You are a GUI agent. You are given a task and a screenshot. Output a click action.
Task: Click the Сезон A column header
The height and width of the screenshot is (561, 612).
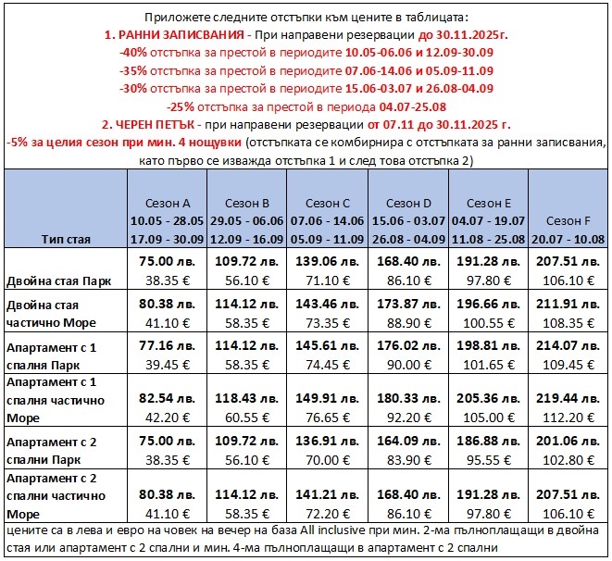coord(169,203)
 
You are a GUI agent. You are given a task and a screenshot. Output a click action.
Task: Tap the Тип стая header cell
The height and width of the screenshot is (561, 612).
coord(66,238)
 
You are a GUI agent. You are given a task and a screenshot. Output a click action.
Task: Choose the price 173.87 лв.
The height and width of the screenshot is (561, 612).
coord(406,304)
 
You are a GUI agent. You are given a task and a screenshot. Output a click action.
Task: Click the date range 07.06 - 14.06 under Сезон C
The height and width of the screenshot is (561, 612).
coord(327,220)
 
